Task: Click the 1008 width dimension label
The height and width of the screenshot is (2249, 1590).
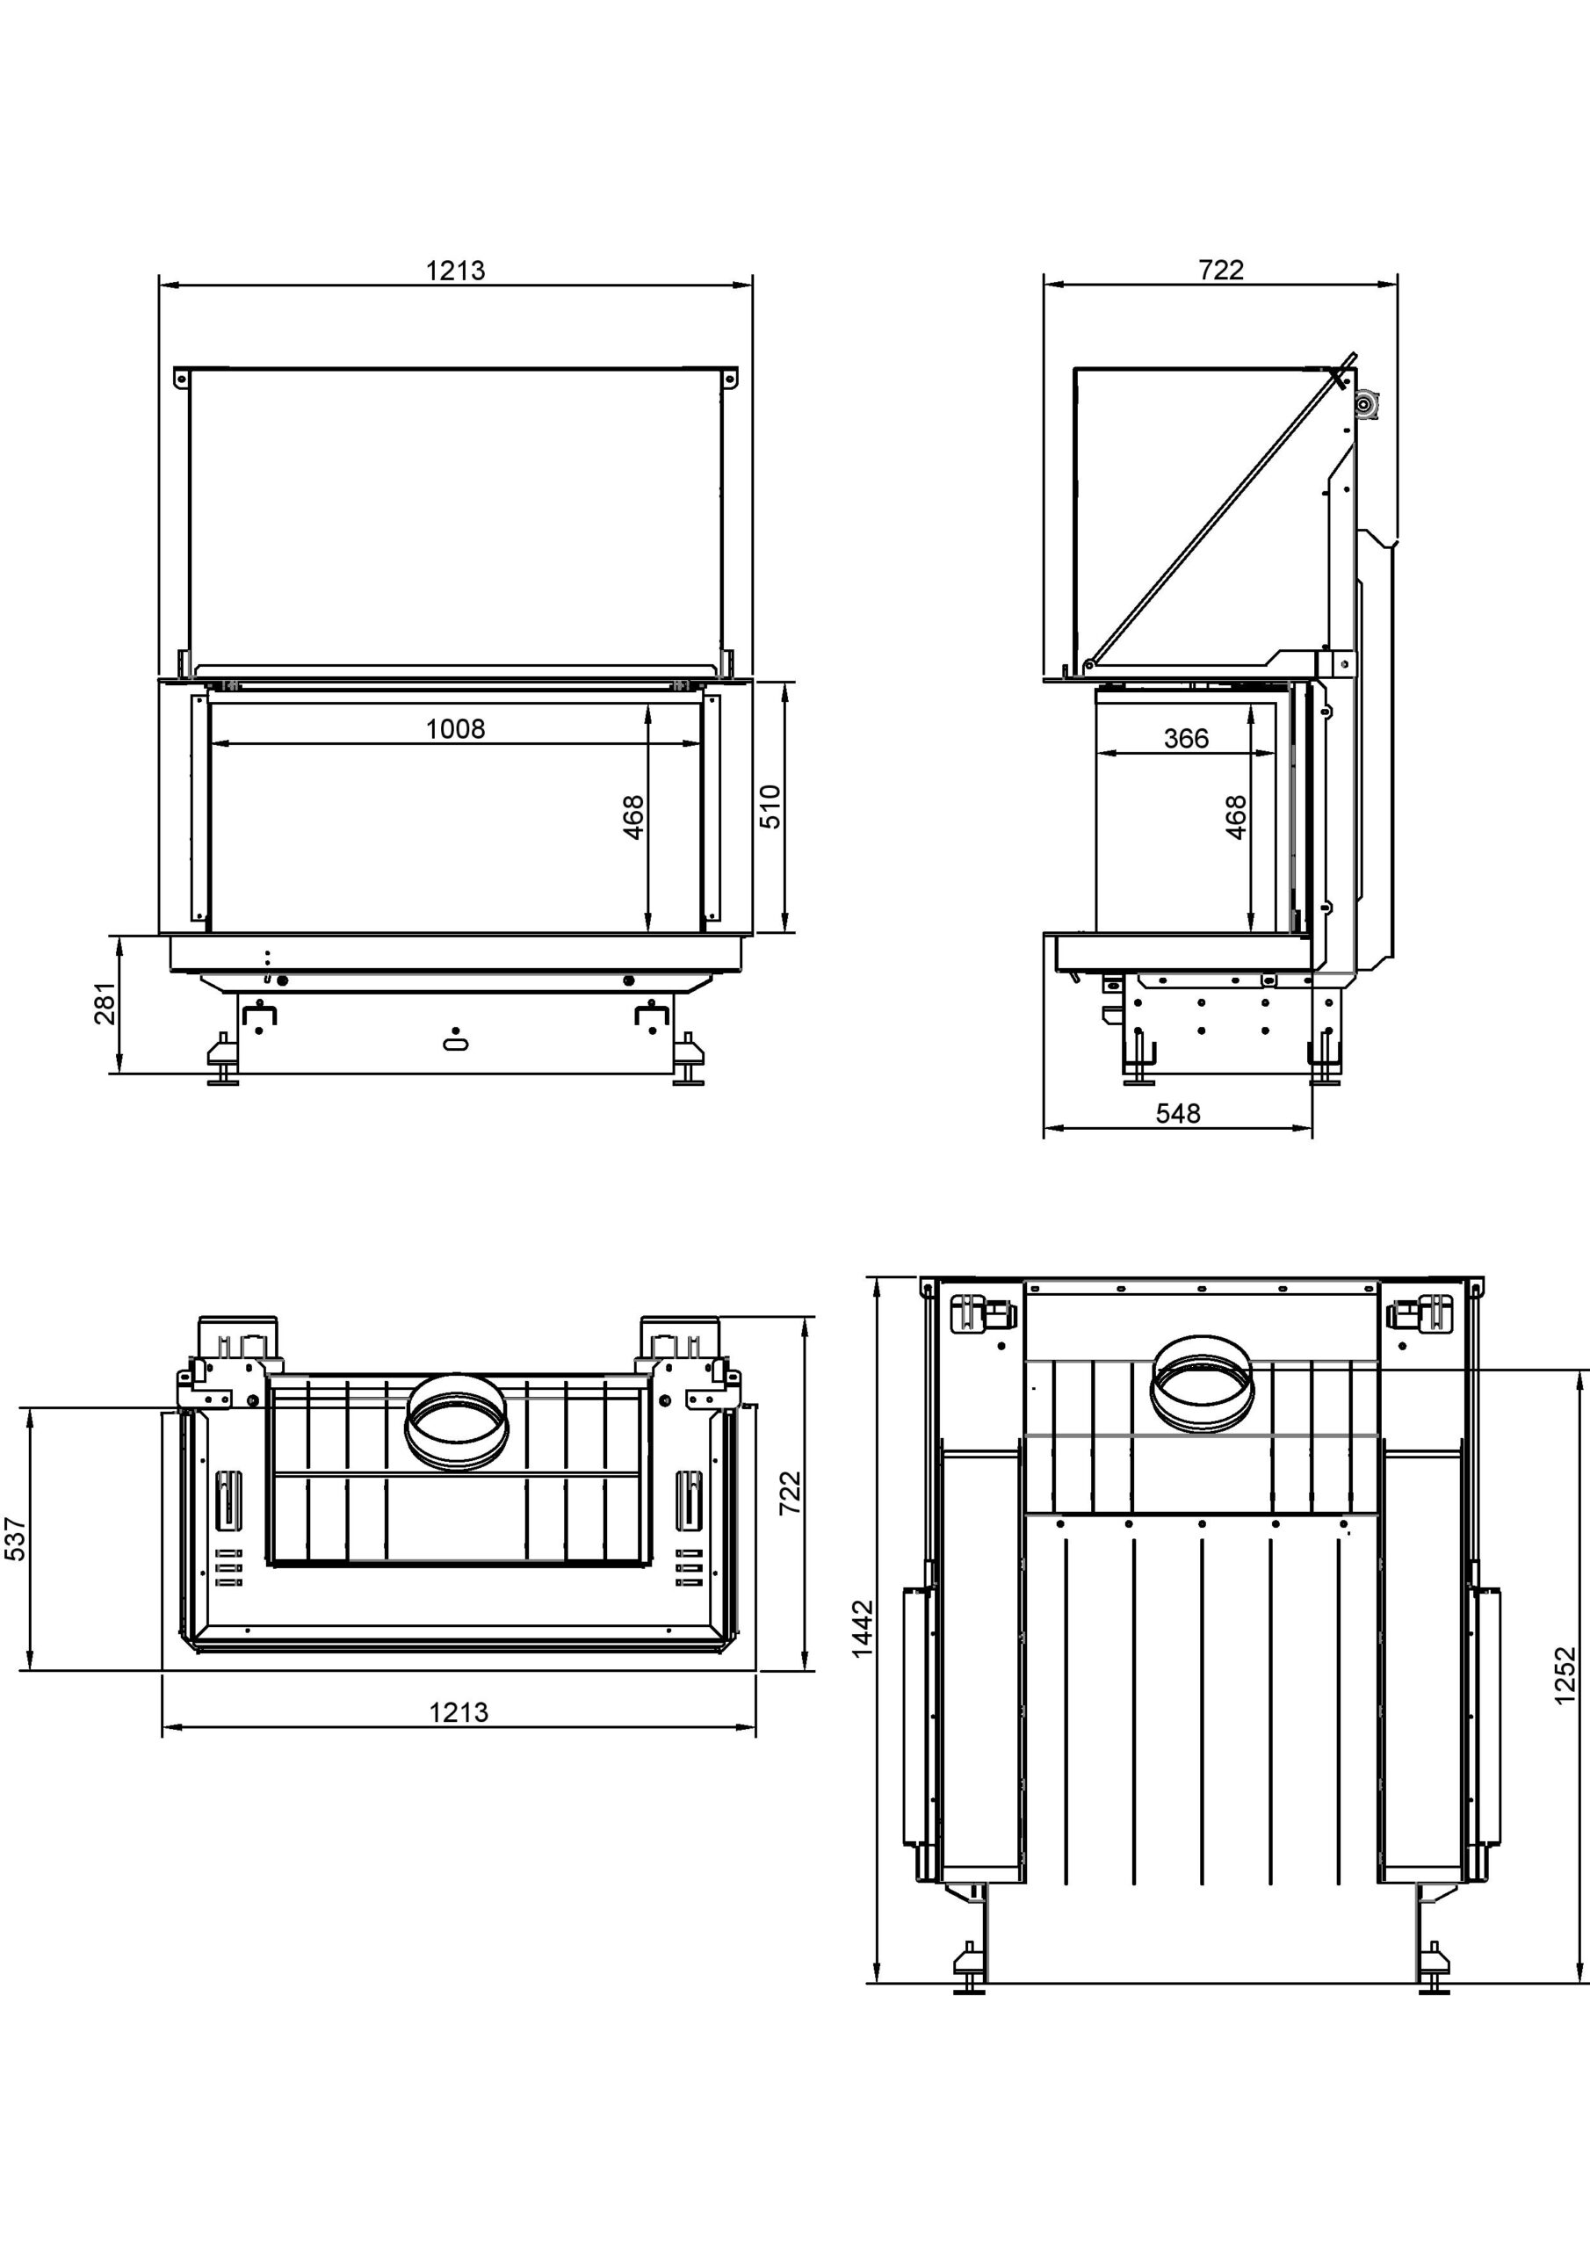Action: coord(456,729)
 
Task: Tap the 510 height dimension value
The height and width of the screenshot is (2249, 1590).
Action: coord(771,807)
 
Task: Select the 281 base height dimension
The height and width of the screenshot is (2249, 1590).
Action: coord(105,1003)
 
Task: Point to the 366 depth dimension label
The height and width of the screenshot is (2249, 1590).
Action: coord(1187,739)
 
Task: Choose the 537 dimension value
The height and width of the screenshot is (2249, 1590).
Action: coord(16,1539)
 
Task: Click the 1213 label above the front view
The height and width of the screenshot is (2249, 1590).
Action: coord(456,271)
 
